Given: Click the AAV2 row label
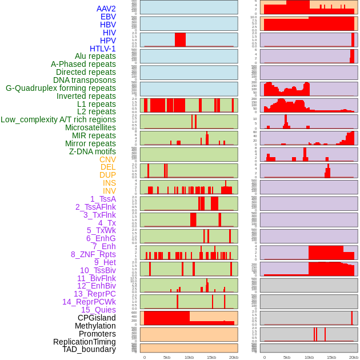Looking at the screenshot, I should tap(106, 9).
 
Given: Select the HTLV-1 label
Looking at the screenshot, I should tap(103, 49).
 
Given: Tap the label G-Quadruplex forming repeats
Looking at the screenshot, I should tap(61, 88).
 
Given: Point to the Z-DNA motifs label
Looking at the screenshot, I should tap(93, 151).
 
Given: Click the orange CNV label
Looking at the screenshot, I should tap(107, 159).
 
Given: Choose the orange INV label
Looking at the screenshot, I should tap(109, 191).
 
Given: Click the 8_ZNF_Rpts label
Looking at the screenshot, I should tap(93, 254).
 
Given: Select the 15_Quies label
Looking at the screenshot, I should tap(98, 310).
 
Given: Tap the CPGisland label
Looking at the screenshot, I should tap(97, 318).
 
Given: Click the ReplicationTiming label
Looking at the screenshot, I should tap(84, 342).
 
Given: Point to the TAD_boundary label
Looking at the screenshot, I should tap(89, 349).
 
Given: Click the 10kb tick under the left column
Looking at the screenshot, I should tap(189, 357).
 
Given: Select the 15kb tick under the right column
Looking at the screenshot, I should tap(331, 357).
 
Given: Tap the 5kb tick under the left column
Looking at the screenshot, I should tap(167, 357).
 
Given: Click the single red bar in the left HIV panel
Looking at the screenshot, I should tap(180, 39).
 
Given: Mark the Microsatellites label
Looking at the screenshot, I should tap(90, 127).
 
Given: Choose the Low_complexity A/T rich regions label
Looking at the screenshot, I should tap(58, 119).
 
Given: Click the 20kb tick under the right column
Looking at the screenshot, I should tap(354, 357).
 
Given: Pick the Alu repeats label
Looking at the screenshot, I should tap(95, 56).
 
